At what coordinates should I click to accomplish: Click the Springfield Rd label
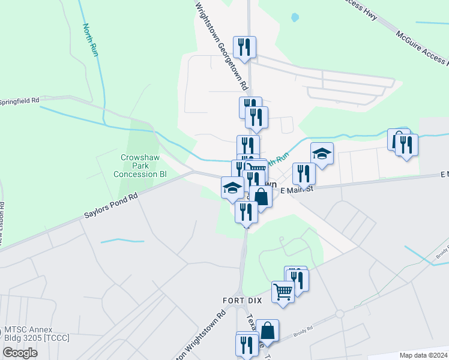[x=20, y=100]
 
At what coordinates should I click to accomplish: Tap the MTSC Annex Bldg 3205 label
[x=37, y=334]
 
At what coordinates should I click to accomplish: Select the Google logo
[x=20, y=352]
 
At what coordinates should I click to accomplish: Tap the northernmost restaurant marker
[x=244, y=47]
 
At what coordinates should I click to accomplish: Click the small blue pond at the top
[x=295, y=17]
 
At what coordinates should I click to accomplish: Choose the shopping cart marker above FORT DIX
[x=283, y=292]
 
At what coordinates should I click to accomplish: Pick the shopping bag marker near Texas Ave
[x=268, y=331]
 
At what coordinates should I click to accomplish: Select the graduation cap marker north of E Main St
[x=322, y=154]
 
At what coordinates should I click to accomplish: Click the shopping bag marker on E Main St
[x=261, y=196]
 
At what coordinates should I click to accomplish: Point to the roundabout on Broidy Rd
[x=340, y=314]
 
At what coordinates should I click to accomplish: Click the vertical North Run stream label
[x=91, y=40]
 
